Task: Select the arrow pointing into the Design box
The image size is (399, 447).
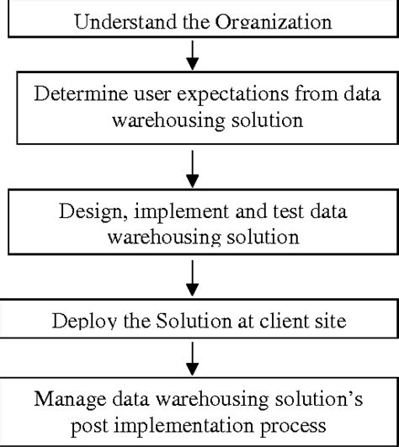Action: tap(193, 169)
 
